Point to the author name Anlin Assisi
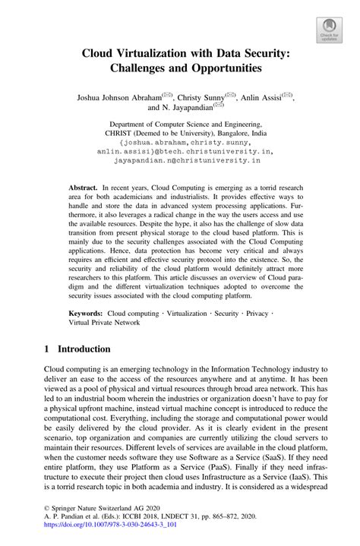tap(262, 98)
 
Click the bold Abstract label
tap(83, 187)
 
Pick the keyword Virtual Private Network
tap(105, 323)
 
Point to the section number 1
tap(48, 349)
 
